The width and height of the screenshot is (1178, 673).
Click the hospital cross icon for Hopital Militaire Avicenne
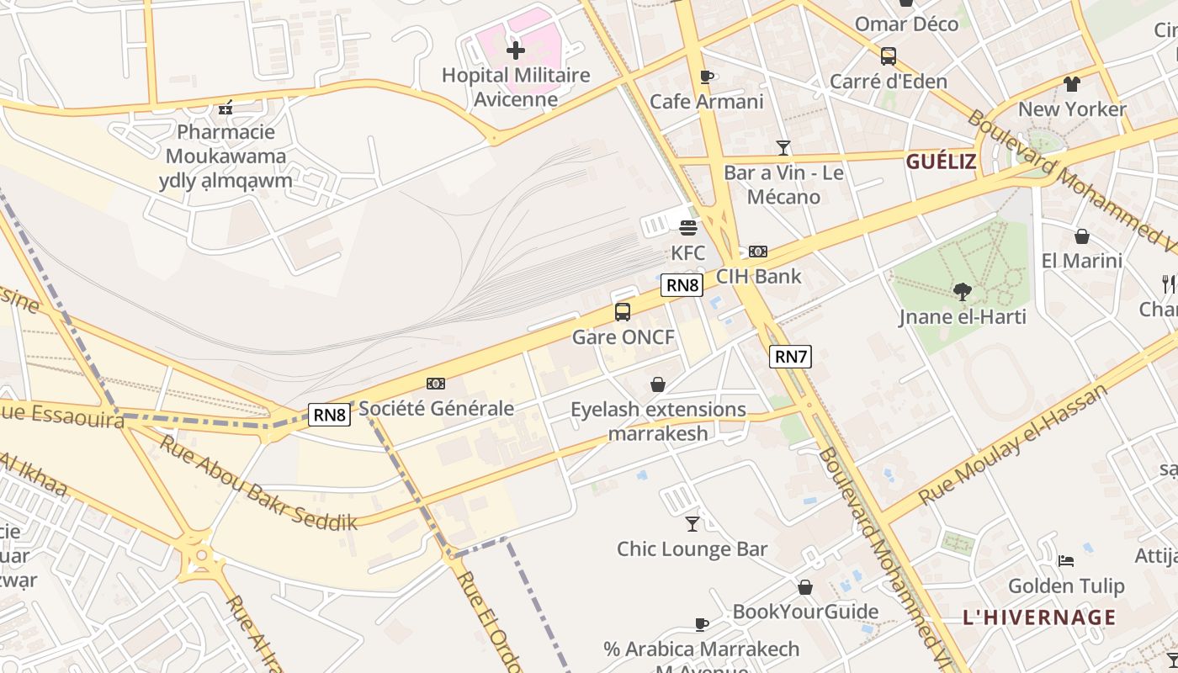(515, 50)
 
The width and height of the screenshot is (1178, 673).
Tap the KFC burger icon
(688, 228)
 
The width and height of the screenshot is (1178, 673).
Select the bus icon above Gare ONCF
(623, 312)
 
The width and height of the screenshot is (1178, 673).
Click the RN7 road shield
(790, 357)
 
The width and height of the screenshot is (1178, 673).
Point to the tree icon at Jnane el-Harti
(963, 292)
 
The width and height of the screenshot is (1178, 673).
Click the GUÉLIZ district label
(941, 162)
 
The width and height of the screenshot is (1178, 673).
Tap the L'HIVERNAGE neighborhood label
(1039, 617)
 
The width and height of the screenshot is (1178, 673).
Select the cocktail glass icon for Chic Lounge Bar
(692, 524)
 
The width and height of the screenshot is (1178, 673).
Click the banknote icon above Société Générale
(436, 384)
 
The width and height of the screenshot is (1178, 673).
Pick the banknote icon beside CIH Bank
(758, 252)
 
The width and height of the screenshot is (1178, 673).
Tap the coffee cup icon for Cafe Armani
(707, 77)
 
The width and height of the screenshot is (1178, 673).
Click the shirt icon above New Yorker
(1071, 84)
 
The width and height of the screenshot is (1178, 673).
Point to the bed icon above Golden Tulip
(1066, 560)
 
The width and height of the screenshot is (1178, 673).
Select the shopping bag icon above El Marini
(1082, 236)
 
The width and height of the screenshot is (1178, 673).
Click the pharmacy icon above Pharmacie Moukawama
(226, 108)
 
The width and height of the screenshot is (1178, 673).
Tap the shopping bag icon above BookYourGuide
(805, 587)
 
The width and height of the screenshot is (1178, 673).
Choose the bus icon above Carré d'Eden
(888, 56)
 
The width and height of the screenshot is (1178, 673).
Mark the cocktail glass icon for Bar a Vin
(783, 148)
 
